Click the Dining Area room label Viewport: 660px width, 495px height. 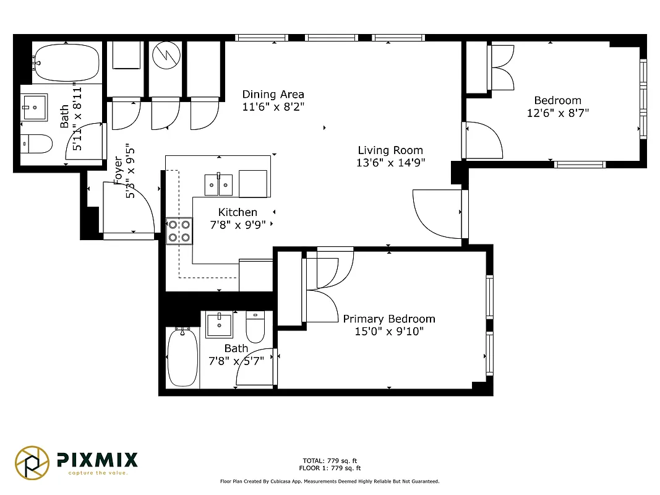273,95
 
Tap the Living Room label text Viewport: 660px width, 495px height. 390,150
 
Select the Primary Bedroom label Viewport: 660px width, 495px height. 389,319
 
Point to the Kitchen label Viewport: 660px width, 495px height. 238,212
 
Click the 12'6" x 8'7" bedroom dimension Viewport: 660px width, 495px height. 557,113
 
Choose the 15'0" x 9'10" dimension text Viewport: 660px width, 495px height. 389,332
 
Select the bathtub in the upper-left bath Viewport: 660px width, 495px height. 67,62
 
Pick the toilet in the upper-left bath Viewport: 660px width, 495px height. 36,144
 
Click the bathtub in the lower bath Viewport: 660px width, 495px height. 182,358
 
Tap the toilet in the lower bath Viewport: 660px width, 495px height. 255,326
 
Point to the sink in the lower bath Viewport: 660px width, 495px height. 218,324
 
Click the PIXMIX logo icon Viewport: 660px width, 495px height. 32,462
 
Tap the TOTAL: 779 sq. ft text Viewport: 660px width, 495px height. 330,461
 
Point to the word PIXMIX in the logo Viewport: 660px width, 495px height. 97,459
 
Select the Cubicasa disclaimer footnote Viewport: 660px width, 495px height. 330,481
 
